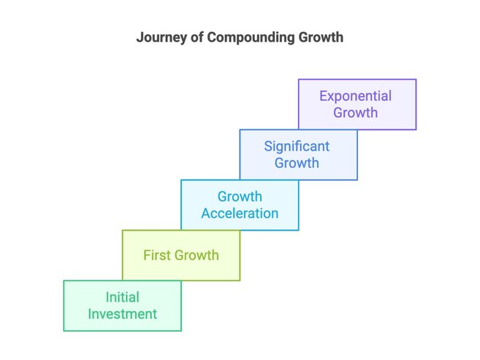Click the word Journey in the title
[161, 38]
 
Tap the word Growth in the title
[321, 37]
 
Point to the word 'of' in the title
[197, 37]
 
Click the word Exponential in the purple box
[355, 96]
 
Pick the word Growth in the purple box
[355, 112]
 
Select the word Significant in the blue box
[297, 147]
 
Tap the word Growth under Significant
[297, 163]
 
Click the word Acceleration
[240, 213]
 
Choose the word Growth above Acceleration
[240, 196]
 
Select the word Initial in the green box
[123, 297]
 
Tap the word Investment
[123, 314]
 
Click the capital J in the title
[140, 37]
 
